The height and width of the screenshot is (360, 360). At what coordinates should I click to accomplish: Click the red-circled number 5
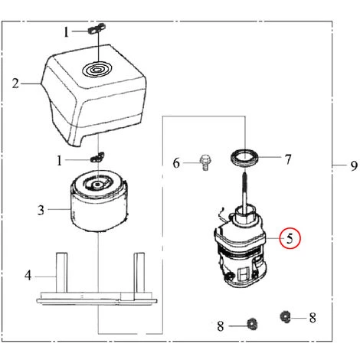click(x=290, y=238)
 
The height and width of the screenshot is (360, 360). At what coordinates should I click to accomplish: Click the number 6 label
click(x=175, y=162)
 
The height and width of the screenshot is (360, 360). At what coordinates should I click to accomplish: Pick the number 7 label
click(x=288, y=160)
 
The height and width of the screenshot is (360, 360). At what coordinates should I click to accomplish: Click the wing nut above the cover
click(x=95, y=30)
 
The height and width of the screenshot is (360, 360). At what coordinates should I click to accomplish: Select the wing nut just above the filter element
click(x=97, y=157)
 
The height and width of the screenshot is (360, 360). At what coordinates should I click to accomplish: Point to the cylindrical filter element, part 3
click(x=98, y=207)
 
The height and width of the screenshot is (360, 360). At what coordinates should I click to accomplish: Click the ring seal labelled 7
click(x=246, y=160)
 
